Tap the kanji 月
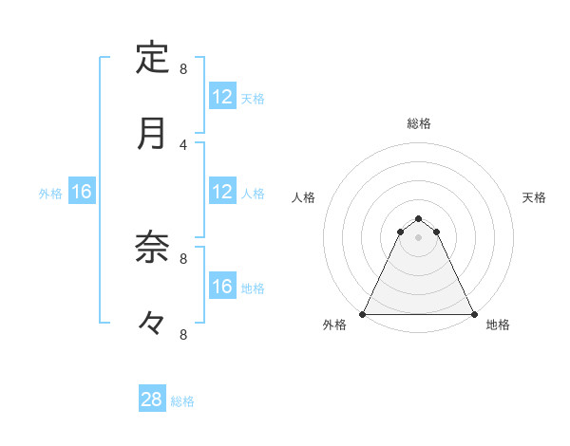click(x=152, y=134)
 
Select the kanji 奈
click(x=152, y=248)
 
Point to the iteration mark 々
click(x=152, y=324)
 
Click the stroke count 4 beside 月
click(x=183, y=144)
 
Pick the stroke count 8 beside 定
click(x=183, y=68)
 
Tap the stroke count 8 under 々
click(x=183, y=334)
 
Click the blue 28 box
click(x=152, y=400)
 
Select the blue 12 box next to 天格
click(x=222, y=97)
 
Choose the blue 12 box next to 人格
click(x=222, y=192)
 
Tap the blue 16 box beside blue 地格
click(x=222, y=287)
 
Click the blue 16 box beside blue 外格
click(x=82, y=192)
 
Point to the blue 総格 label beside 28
click(x=182, y=401)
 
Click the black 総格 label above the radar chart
click(x=419, y=123)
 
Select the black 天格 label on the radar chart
click(x=535, y=197)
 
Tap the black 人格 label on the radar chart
click(x=304, y=197)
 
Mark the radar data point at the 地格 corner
click(x=473, y=314)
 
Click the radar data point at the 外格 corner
click(x=363, y=314)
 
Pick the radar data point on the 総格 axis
click(x=419, y=214)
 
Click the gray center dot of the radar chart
click(x=419, y=237)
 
